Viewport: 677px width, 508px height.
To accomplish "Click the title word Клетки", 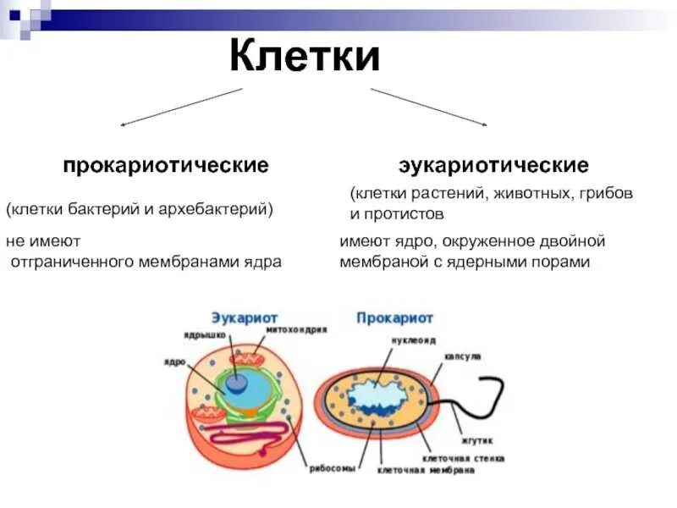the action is tap(305, 58).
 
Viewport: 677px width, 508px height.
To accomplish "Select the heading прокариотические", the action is tap(165, 163).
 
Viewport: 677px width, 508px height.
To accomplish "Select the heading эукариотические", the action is tap(494, 163).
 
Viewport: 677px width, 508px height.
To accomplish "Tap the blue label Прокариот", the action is tap(394, 318).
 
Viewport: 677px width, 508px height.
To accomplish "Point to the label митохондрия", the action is tap(296, 329).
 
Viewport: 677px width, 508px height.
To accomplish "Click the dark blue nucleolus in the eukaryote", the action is tap(237, 383).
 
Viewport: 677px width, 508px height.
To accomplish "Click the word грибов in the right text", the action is tap(607, 194).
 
